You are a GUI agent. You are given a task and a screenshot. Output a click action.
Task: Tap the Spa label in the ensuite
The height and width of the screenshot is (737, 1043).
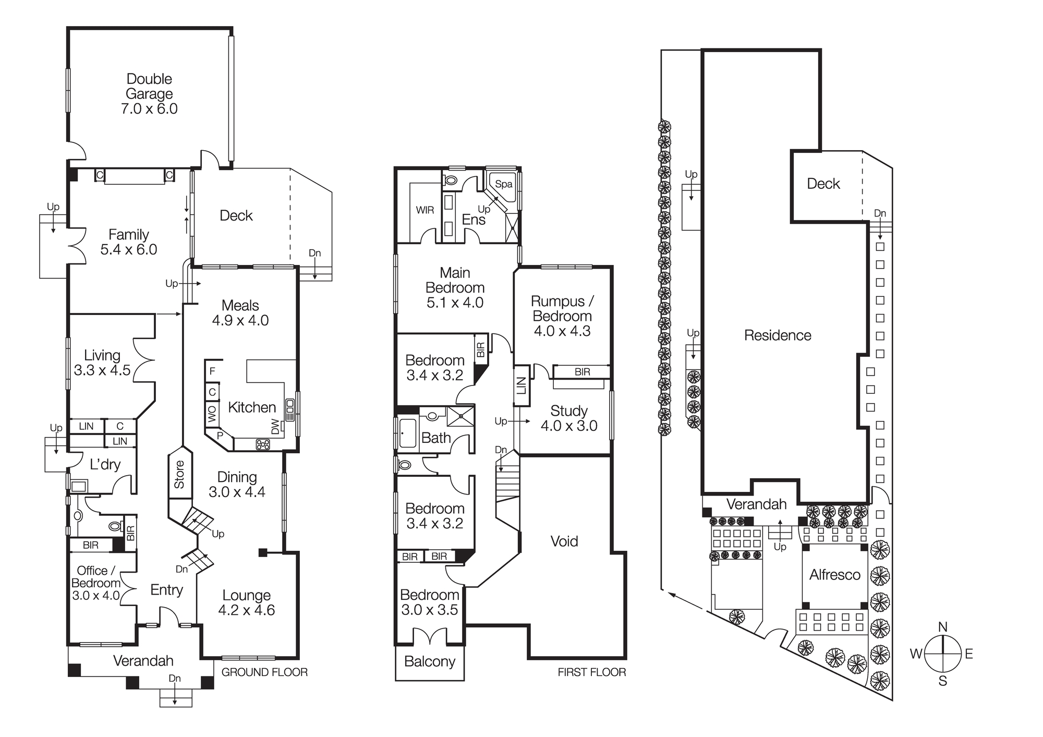(503, 184)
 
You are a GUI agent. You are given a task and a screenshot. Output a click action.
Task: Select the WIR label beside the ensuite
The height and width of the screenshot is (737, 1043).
(425, 210)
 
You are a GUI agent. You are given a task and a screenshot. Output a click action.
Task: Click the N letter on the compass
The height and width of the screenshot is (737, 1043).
(942, 627)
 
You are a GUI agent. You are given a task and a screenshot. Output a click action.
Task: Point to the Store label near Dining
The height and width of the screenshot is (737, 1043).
(179, 474)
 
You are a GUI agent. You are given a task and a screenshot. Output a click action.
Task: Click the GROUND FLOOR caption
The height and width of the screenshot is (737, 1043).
(264, 672)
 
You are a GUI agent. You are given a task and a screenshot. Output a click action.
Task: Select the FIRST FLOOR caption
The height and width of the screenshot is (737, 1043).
(591, 672)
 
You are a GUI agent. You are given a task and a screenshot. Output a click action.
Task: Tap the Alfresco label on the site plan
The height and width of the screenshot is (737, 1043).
(834, 575)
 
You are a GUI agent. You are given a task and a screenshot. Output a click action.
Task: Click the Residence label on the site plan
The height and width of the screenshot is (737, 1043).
(778, 335)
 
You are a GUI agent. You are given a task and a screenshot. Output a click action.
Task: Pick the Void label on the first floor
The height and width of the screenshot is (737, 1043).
(564, 541)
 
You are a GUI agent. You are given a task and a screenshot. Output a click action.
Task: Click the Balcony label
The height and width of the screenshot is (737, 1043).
(430, 661)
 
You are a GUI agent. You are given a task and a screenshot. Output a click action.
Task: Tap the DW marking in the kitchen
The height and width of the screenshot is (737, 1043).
(275, 427)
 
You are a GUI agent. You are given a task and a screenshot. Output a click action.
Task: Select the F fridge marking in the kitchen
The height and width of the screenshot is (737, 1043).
(212, 371)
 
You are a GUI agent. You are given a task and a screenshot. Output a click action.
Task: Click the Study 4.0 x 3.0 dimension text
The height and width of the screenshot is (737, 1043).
(569, 426)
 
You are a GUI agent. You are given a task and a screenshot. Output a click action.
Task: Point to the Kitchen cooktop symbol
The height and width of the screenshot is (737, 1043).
(262, 444)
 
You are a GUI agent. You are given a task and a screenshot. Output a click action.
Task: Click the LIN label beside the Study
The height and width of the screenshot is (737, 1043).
(521, 386)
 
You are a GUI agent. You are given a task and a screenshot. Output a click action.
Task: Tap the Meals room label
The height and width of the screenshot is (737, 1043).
(240, 306)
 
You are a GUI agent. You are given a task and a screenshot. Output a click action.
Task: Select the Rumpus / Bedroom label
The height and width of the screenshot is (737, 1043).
(562, 309)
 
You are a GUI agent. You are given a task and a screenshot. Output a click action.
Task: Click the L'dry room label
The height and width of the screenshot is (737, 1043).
(105, 465)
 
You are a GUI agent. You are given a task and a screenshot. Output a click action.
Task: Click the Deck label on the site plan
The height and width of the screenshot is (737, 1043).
(823, 184)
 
